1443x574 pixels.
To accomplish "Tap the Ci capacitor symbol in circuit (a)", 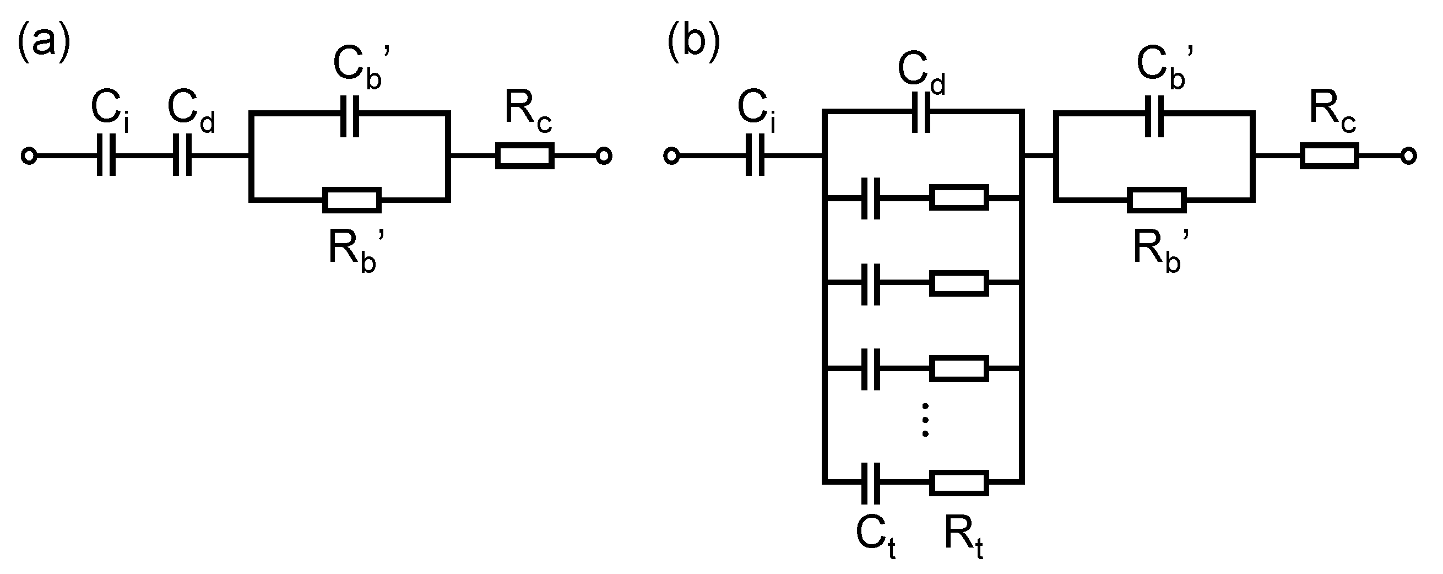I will click(x=106, y=155).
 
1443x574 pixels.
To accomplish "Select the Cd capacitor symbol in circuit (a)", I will click(x=182, y=155).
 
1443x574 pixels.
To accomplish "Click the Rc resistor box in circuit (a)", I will click(x=524, y=155).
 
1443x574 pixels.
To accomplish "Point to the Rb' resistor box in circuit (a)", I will click(x=352, y=200).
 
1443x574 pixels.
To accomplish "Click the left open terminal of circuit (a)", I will click(x=29, y=155).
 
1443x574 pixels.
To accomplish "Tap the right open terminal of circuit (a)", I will click(x=603, y=155).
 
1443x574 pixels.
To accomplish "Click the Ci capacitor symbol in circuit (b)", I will click(x=755, y=155).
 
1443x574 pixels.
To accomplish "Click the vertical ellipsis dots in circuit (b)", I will click(x=925, y=420).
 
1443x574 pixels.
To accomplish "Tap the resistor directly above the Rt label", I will click(x=959, y=482).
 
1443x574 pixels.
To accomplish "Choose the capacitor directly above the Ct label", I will click(x=871, y=482).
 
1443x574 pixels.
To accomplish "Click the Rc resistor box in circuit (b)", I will click(x=1330, y=155).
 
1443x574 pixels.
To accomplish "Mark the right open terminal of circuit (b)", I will click(x=1409, y=155).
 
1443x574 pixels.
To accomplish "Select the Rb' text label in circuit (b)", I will click(x=1158, y=250).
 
